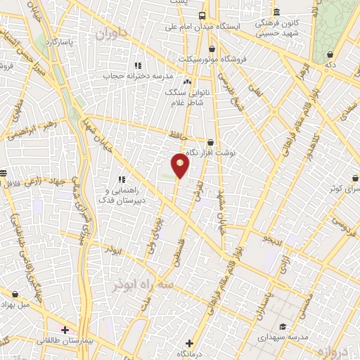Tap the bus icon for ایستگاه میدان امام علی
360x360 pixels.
pos(202,15)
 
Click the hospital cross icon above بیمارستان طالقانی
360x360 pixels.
pos(65,329)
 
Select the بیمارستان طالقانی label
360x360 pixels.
pos(65,340)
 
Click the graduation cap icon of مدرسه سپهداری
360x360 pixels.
pos(282,326)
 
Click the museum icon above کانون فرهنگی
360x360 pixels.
pos(276,13)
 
